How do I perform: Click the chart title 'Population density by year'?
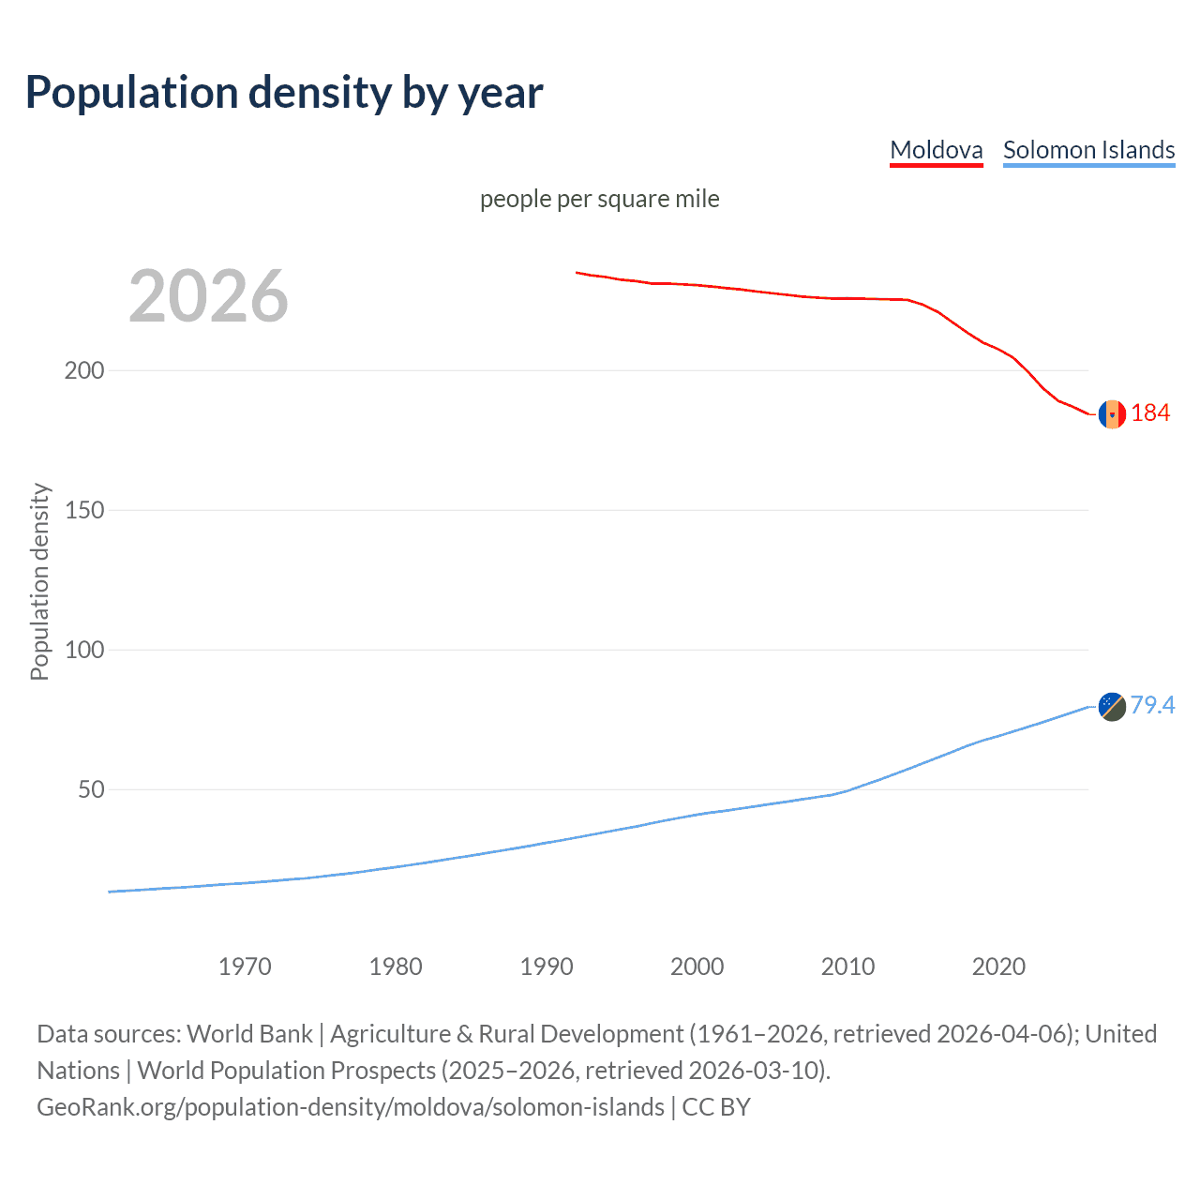284,92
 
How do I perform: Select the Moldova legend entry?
936,150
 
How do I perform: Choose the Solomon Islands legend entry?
1088,150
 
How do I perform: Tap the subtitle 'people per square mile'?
599,199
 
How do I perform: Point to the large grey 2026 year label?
208,296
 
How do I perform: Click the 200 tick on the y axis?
84,370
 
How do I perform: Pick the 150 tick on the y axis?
84,510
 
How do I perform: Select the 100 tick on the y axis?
84,650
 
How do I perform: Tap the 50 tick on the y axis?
91,789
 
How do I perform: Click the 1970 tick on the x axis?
245,967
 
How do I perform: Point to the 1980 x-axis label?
396,967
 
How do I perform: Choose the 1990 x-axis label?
547,967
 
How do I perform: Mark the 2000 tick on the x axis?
697,967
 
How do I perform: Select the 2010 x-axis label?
847,967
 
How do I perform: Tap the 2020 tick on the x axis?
998,967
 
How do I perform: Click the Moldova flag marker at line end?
1112,413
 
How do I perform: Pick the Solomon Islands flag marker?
1112,706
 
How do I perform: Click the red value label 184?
1150,413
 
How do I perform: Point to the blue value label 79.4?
1152,705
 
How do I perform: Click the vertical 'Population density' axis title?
39,581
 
